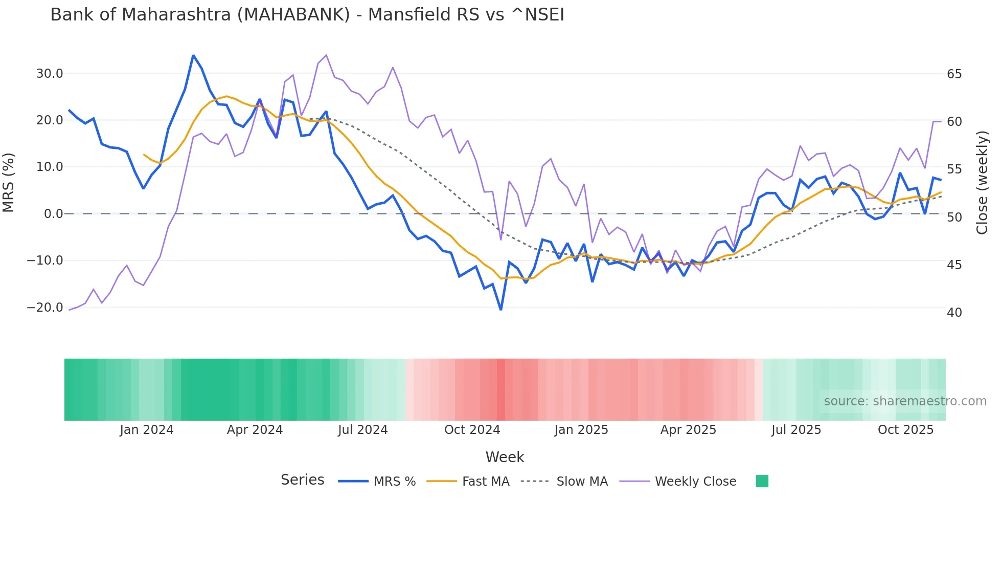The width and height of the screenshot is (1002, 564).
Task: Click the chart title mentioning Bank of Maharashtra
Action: pyautogui.click(x=307, y=15)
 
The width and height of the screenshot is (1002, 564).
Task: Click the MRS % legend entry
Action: pyautogui.click(x=394, y=482)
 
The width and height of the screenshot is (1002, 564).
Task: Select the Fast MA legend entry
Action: pyautogui.click(x=485, y=482)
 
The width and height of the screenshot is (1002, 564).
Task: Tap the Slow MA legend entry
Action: pyautogui.click(x=582, y=482)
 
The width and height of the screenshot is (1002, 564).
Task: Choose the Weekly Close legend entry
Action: pyautogui.click(x=695, y=482)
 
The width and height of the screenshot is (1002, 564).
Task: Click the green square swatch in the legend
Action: pyautogui.click(x=762, y=481)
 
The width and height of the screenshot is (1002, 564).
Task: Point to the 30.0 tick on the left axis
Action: pyautogui.click(x=50, y=74)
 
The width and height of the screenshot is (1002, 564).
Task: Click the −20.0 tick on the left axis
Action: pyautogui.click(x=45, y=308)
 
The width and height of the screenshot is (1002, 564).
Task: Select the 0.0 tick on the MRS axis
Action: pyautogui.click(x=53, y=214)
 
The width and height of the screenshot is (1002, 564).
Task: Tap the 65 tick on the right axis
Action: pyautogui.click(x=954, y=74)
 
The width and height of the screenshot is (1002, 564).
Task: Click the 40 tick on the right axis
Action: pyautogui.click(x=954, y=313)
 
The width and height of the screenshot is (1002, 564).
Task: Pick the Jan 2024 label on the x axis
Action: pyautogui.click(x=147, y=430)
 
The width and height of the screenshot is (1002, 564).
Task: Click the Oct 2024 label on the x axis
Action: pyautogui.click(x=472, y=430)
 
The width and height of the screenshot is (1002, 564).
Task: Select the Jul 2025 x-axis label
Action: pyautogui.click(x=796, y=430)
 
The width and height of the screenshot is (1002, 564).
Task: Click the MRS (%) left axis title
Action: pyautogui.click(x=9, y=183)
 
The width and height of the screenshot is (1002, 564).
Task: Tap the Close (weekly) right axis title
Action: pyautogui.click(x=982, y=183)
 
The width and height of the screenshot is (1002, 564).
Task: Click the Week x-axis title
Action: pyautogui.click(x=505, y=457)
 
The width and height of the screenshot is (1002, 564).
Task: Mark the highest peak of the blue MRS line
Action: pyautogui.click(x=193, y=55)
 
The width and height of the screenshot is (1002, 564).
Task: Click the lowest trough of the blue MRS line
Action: pyautogui.click(x=500, y=309)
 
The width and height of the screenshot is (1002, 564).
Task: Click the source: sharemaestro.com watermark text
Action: pyautogui.click(x=905, y=401)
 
